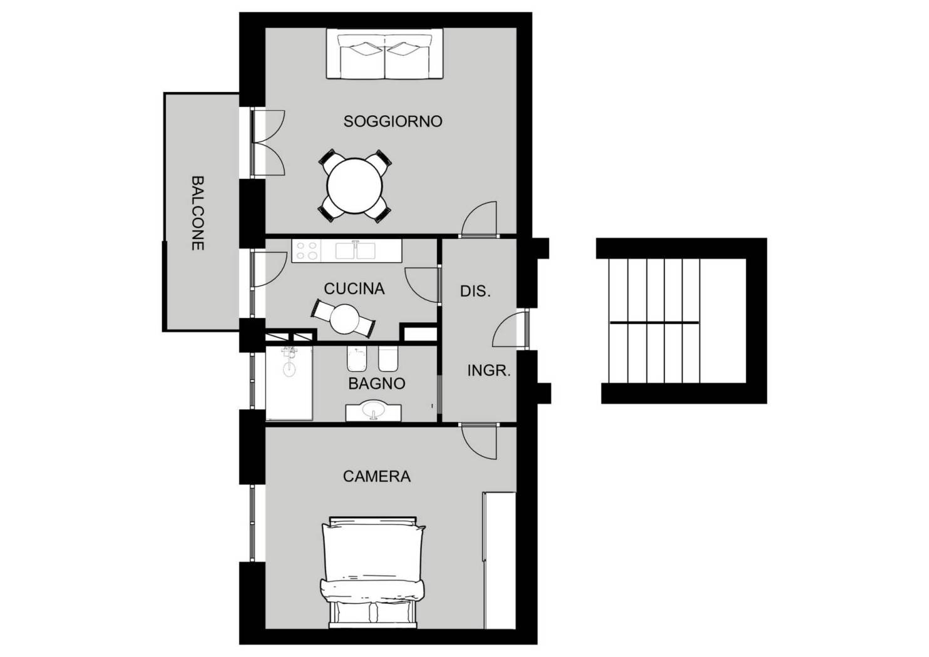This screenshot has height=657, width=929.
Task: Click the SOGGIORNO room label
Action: click(393, 121)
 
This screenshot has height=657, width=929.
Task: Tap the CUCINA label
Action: click(354, 288)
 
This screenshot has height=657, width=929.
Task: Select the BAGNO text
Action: click(376, 384)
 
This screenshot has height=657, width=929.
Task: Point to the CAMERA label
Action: click(376, 476)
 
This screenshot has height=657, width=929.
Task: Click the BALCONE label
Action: click(197, 213)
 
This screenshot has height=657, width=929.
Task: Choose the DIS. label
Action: click(475, 291)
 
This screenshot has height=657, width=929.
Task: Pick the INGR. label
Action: click(489, 370)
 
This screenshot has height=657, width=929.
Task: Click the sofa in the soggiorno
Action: click(384, 56)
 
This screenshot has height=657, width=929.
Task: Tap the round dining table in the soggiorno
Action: click(354, 186)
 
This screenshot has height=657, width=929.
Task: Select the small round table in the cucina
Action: click(344, 318)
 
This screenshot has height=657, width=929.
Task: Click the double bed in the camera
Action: click(373, 569)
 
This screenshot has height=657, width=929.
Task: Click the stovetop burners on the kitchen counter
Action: click(307, 251)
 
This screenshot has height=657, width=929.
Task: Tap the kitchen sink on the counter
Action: click(355, 250)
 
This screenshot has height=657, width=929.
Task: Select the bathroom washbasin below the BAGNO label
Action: click(374, 411)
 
